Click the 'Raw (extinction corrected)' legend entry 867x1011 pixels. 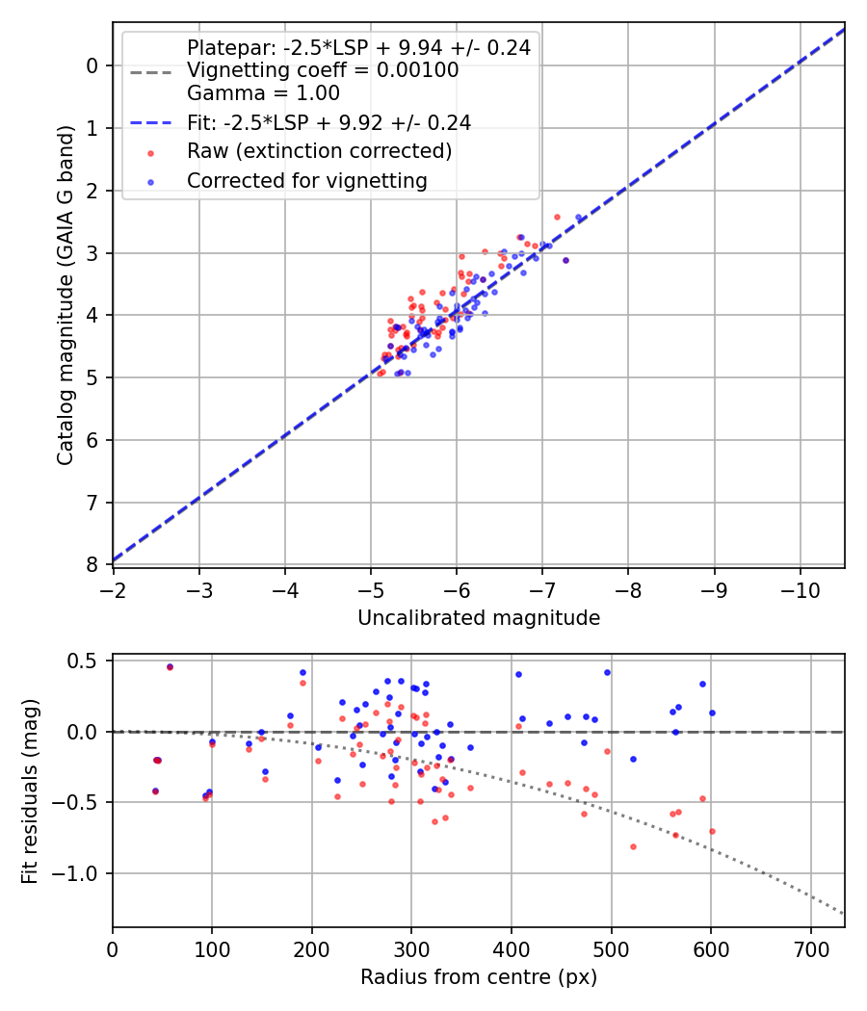(x=319, y=151)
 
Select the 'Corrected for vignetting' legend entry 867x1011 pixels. (x=307, y=180)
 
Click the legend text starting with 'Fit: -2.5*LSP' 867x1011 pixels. (x=328, y=122)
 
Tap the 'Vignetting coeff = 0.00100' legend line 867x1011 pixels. (x=323, y=70)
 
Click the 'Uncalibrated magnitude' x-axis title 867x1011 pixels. (x=479, y=617)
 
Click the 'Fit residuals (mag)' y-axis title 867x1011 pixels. (x=30, y=791)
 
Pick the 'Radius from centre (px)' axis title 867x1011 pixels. (x=479, y=977)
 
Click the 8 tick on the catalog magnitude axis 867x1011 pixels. (x=93, y=564)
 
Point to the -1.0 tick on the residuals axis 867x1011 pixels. (x=84, y=873)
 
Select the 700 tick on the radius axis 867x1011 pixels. (x=810, y=947)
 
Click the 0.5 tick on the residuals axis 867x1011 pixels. (x=90, y=661)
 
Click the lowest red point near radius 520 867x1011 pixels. (x=633, y=846)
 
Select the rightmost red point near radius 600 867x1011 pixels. (x=712, y=831)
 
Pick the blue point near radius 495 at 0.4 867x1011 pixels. (x=607, y=672)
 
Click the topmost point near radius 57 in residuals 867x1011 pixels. (x=170, y=666)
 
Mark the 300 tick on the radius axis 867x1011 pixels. (x=411, y=947)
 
